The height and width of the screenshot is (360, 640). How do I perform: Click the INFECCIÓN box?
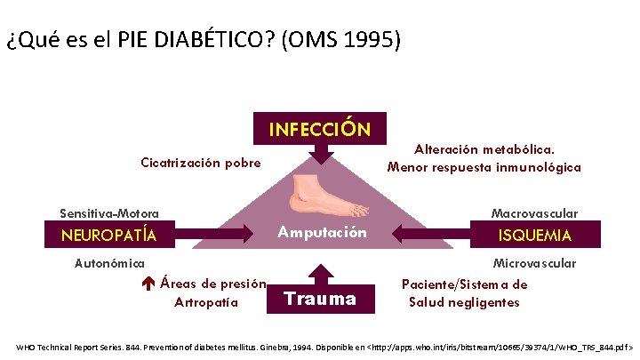click(319, 129)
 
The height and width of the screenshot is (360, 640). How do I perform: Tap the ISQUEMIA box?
click(535, 236)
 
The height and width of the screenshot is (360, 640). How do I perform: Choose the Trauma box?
click(319, 300)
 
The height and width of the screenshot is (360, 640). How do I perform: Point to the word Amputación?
click(321, 233)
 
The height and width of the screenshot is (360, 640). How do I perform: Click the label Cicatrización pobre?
click(201, 163)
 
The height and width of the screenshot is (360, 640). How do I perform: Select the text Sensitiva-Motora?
click(109, 213)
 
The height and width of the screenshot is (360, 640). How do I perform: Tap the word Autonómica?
click(109, 263)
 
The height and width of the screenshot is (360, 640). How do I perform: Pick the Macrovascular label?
click(534, 213)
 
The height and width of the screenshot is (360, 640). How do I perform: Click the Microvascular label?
click(534, 263)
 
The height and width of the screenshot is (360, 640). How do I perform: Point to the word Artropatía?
click(206, 302)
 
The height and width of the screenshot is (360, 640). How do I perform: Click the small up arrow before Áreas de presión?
click(148, 284)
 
